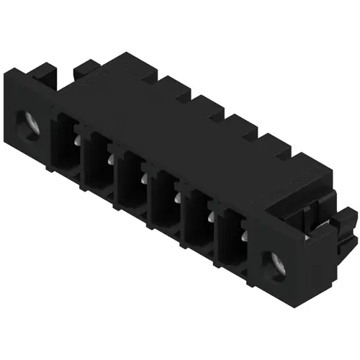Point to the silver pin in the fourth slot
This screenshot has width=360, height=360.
click(174, 201)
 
